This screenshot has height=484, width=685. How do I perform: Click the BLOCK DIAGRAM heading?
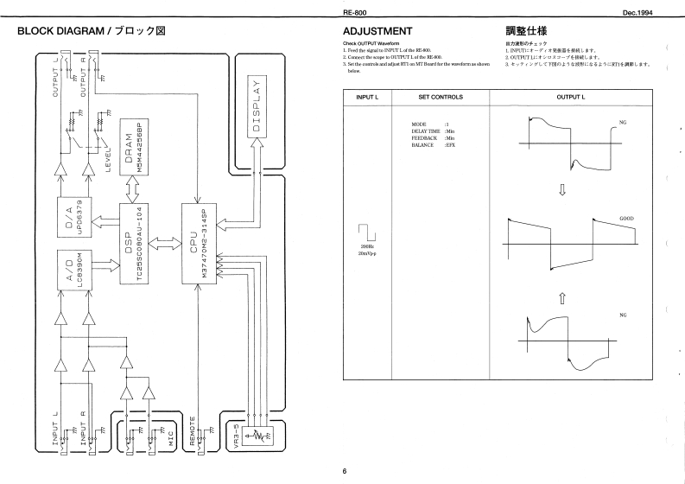[85, 31]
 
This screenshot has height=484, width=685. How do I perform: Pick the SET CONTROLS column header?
[440, 96]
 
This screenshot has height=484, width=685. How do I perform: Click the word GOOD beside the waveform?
[626, 219]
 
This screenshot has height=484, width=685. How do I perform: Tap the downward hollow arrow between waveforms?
[562, 189]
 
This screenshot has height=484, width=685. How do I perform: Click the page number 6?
[344, 471]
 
